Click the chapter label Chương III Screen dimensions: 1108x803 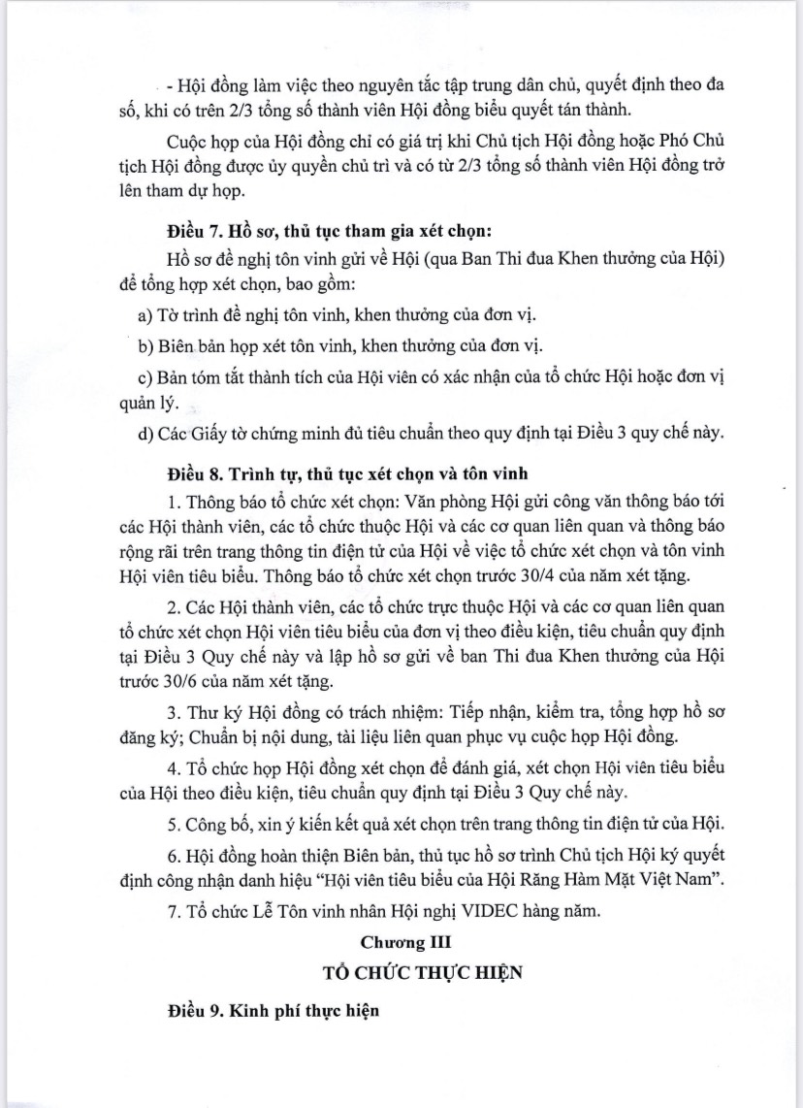tap(401, 941)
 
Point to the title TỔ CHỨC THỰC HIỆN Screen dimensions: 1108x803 tap(401, 972)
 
